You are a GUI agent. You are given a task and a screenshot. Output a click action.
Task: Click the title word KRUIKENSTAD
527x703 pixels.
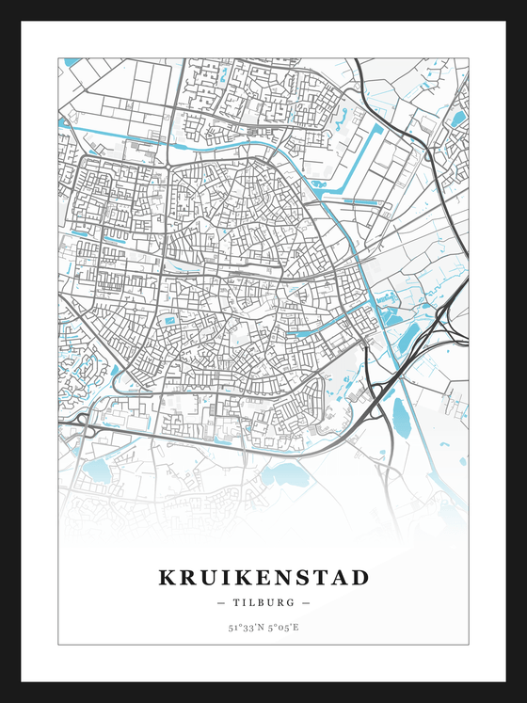point(263,577)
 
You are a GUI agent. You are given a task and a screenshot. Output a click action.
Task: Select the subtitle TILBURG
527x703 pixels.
point(263,602)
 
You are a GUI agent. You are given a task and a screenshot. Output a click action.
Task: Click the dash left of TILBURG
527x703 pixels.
point(221,602)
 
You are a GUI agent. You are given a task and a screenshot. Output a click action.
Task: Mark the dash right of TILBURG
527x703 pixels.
point(306,602)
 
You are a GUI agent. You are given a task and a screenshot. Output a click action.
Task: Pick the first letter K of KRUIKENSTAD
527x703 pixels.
point(167,577)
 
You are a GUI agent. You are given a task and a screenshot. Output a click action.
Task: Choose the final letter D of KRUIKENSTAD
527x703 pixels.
point(360,577)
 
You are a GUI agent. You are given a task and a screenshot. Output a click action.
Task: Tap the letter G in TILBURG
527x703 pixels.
point(292,602)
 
